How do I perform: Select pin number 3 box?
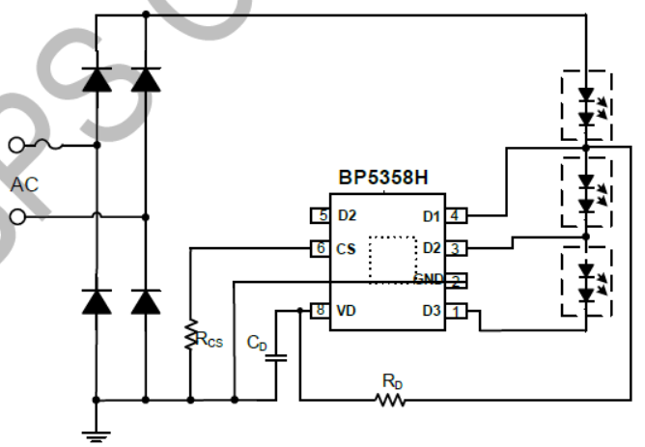coord(453,248)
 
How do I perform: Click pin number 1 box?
coord(453,311)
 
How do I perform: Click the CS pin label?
coord(346,248)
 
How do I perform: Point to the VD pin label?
coord(346,311)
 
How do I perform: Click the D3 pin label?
coord(431,311)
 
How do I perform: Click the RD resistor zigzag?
coord(392,399)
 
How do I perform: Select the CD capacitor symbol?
coord(277,358)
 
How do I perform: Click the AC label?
coord(25,182)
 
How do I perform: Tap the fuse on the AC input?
coord(48,146)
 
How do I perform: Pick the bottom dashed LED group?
coord(586,282)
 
